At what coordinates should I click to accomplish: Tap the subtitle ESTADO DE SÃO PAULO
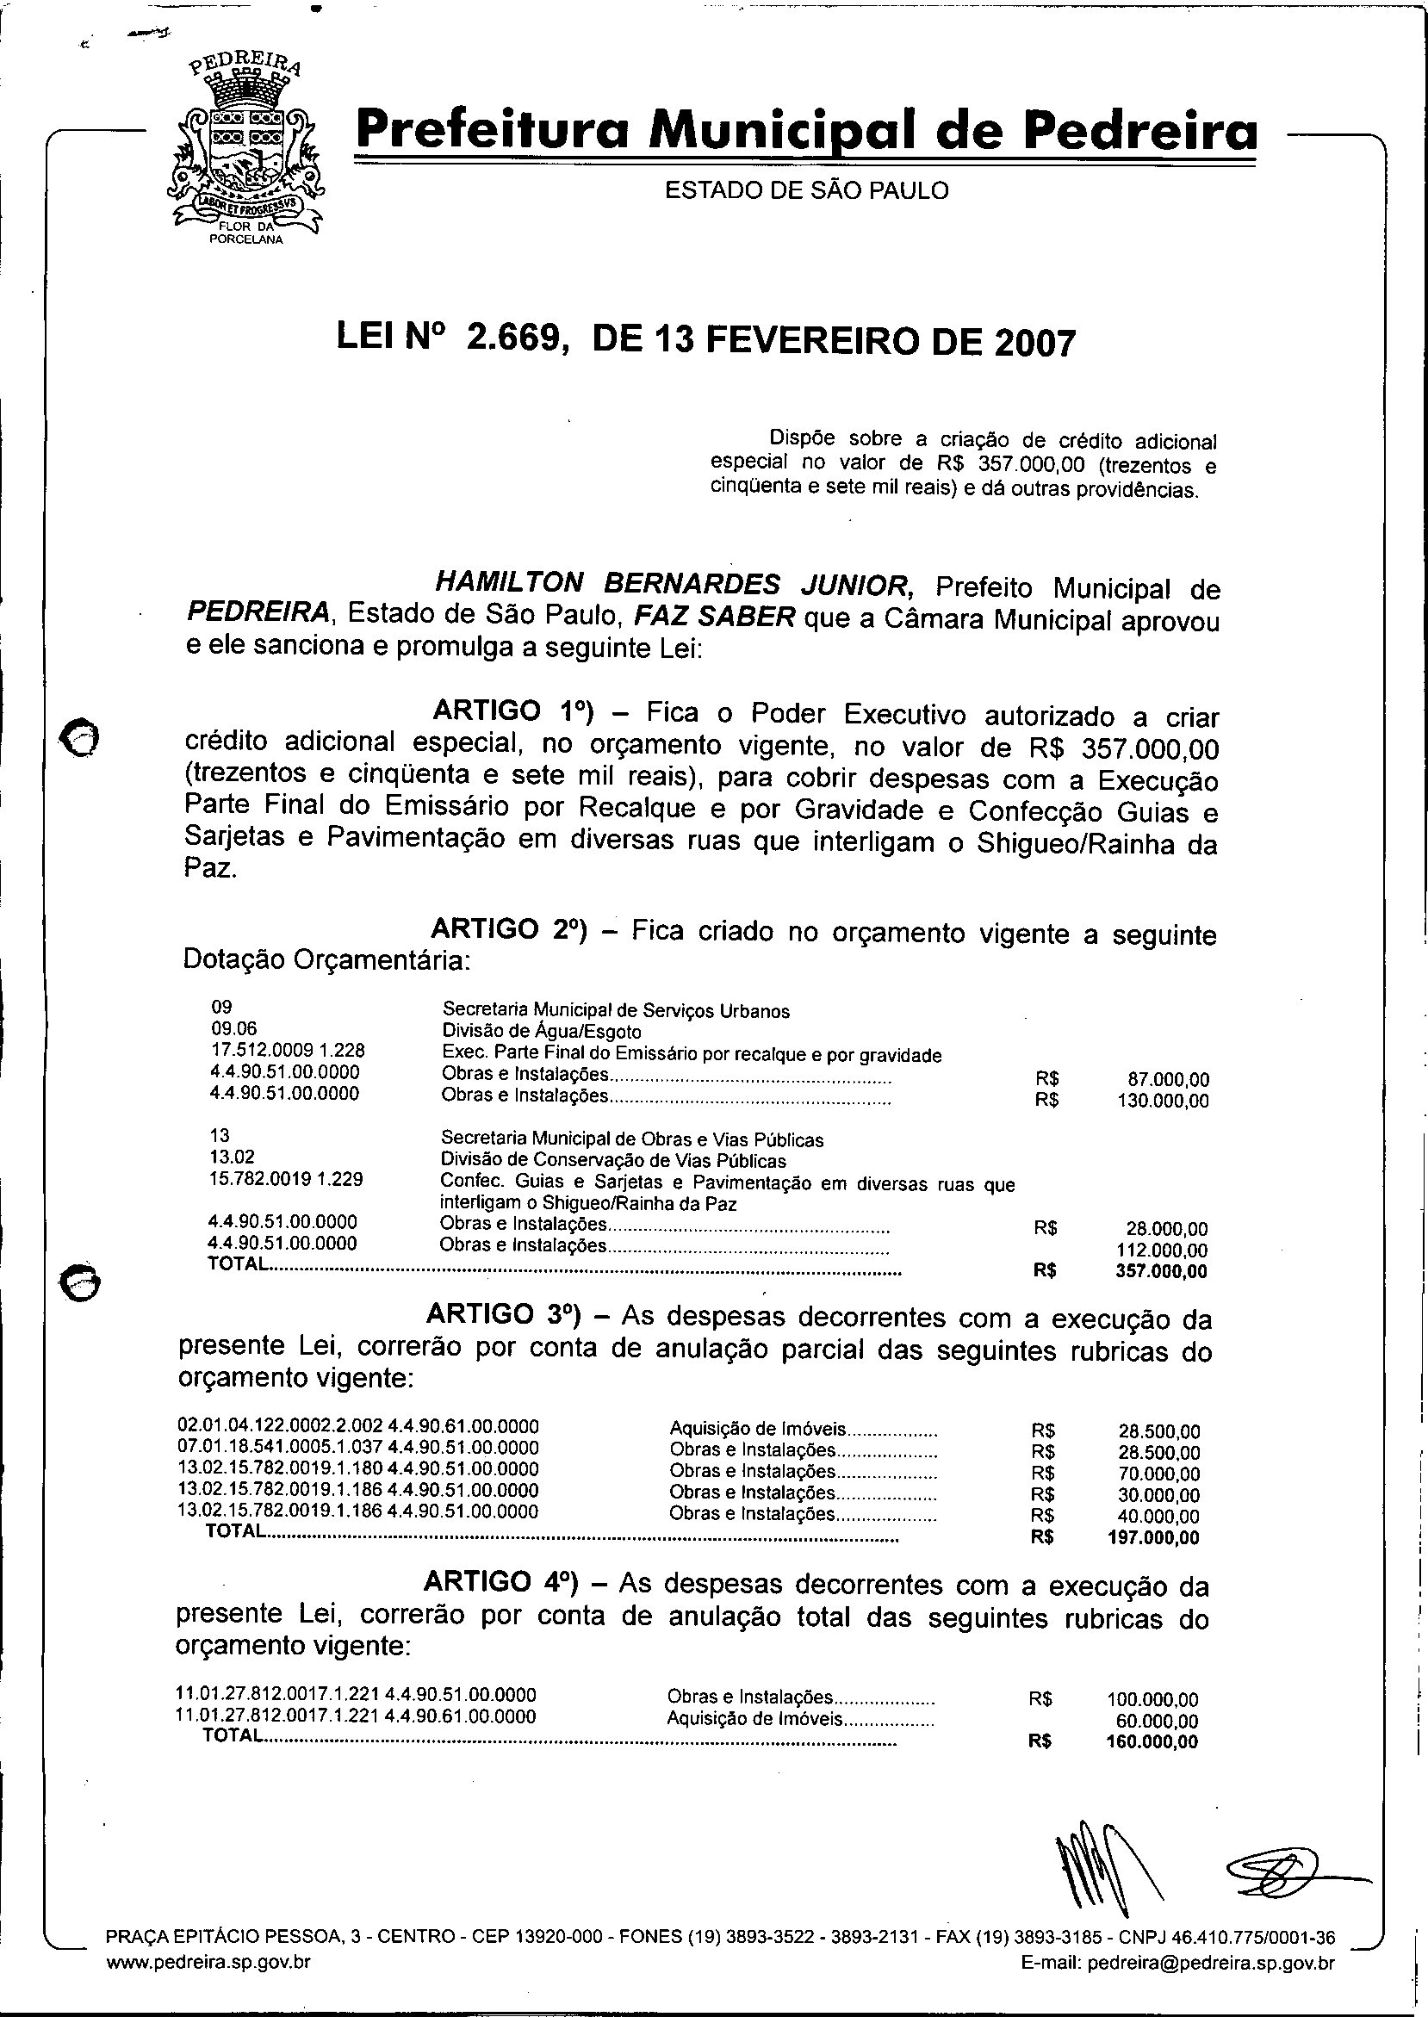[806, 190]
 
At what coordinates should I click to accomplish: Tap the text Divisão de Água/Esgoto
[541, 1032]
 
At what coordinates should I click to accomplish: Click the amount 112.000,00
[1162, 1250]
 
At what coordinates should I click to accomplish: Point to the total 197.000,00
[1153, 1538]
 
